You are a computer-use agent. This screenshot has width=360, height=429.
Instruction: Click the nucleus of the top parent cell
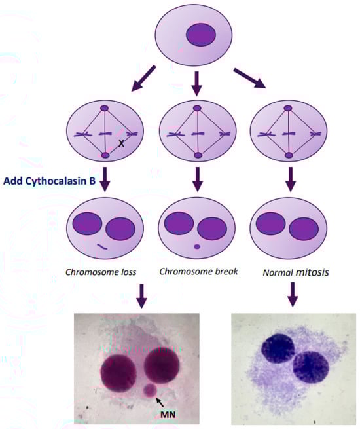201,35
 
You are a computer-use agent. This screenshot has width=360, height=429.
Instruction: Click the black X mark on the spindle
121,143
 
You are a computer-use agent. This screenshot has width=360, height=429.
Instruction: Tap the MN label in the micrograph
168,415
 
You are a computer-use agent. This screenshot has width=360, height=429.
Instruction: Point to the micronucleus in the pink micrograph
150,390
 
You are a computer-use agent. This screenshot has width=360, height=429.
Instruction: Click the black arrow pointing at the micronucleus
160,402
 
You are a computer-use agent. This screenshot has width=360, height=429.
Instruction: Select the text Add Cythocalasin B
50,181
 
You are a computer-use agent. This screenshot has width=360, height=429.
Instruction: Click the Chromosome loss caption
101,272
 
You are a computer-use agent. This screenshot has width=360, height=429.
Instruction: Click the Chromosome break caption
198,272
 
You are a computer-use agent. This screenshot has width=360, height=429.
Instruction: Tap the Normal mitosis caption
296,272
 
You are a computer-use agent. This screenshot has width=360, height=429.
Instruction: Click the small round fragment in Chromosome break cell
197,246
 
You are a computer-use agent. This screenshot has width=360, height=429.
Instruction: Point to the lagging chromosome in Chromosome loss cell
103,246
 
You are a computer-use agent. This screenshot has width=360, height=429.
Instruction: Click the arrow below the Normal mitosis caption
293,294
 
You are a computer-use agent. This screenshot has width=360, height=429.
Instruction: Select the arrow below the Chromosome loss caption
141,296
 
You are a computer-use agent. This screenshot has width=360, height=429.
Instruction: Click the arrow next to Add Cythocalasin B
105,179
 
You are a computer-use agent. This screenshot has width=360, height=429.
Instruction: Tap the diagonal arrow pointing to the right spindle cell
249,79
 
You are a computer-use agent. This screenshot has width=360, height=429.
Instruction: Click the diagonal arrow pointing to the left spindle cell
143,78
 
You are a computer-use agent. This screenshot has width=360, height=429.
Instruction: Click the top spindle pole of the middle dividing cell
197,108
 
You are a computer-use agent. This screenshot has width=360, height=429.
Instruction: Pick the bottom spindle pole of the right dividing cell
289,155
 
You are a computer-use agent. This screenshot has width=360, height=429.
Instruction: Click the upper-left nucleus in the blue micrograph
278,348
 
